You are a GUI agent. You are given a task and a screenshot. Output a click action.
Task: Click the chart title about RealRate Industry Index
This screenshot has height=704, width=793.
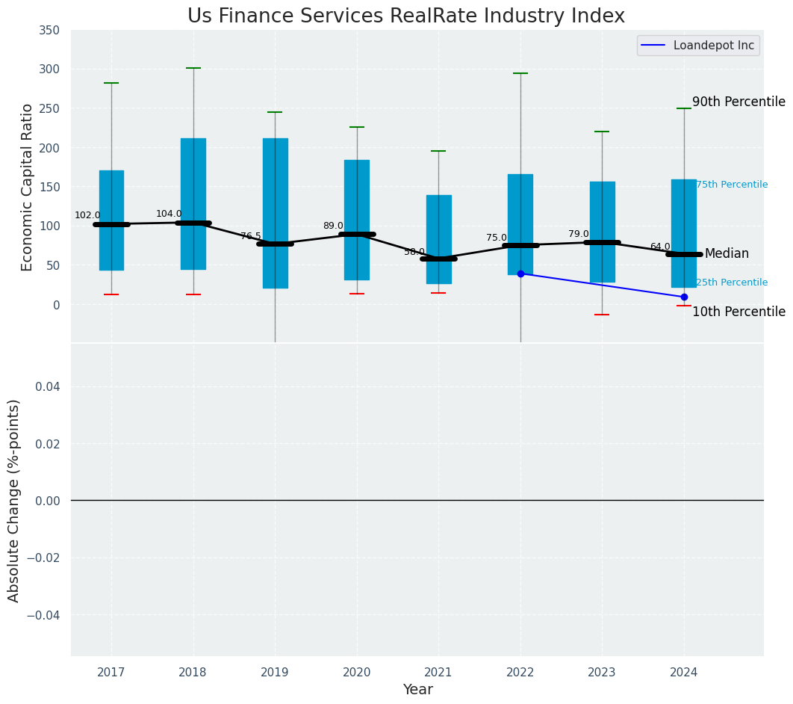(x=405, y=16)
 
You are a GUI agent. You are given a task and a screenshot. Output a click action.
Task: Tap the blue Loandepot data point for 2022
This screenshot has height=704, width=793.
(x=520, y=274)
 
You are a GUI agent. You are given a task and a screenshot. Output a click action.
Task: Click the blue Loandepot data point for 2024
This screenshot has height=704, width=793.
(x=684, y=297)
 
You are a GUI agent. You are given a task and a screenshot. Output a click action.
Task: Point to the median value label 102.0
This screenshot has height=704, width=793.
(x=87, y=215)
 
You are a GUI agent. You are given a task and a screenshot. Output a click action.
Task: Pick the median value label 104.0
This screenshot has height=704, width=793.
(x=169, y=214)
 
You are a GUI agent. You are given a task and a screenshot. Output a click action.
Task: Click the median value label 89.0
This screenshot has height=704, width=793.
(x=333, y=226)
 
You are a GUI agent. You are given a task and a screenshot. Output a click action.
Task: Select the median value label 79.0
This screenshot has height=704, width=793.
(x=579, y=234)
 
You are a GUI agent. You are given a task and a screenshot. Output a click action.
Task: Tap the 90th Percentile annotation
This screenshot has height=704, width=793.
(x=738, y=102)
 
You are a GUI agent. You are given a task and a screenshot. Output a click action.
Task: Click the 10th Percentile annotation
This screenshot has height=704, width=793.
(x=738, y=312)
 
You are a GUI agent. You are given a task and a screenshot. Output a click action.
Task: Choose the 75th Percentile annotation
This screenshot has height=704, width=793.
(x=732, y=185)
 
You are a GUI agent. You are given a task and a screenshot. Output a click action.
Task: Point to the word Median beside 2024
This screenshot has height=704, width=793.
(x=727, y=254)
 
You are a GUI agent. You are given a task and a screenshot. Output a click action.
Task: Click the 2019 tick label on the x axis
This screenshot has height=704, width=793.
(x=275, y=673)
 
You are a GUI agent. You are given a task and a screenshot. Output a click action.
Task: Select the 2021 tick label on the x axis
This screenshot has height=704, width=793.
(x=438, y=673)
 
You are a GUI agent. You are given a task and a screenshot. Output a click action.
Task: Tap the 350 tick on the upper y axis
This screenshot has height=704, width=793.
(x=49, y=31)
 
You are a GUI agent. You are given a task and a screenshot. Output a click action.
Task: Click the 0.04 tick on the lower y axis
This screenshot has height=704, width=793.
(x=49, y=386)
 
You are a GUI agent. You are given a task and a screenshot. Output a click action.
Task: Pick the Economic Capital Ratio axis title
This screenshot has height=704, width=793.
(x=28, y=187)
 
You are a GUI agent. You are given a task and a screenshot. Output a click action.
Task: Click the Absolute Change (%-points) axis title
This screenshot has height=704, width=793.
(x=14, y=500)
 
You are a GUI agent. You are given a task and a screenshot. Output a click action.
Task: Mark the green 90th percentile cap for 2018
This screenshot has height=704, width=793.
(x=193, y=68)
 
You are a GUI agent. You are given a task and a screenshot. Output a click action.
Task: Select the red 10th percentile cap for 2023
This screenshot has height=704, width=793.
(x=602, y=315)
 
